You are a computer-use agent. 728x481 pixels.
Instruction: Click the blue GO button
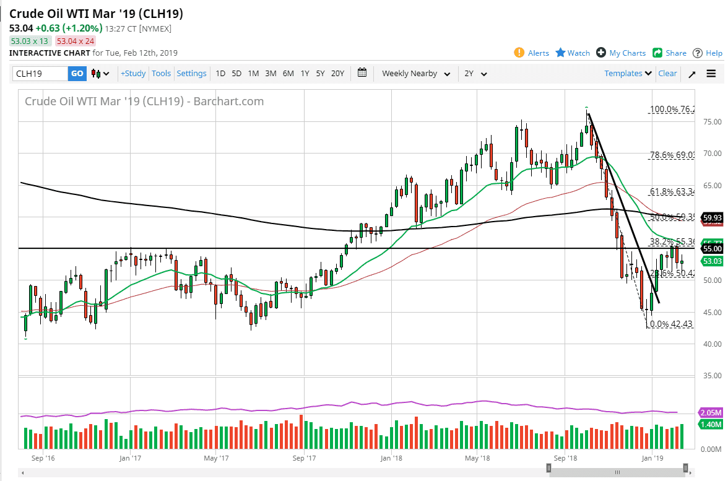tap(77, 74)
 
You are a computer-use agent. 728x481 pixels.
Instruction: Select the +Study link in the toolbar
tap(133, 73)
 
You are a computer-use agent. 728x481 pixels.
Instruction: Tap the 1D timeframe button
tap(220, 73)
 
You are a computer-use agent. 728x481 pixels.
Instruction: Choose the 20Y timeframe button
tap(337, 73)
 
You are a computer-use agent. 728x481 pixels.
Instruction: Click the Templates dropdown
tap(628, 73)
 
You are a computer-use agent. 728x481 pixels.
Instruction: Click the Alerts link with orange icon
tap(532, 53)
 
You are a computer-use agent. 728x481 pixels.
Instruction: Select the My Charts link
tap(621, 53)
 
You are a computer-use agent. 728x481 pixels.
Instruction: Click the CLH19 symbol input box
tap(40, 74)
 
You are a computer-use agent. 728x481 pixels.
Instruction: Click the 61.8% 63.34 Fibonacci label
tap(672, 191)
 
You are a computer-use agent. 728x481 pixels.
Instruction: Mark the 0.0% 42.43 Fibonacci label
tap(670, 324)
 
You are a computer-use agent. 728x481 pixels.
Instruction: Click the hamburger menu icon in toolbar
tap(711, 74)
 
